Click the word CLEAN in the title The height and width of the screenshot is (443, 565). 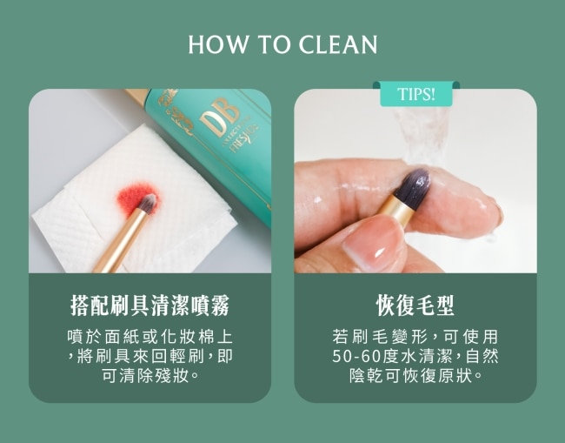click(338, 44)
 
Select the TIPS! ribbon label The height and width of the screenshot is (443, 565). click(416, 94)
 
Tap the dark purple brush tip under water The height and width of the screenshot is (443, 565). click(415, 185)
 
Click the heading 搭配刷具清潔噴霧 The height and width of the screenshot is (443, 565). click(150, 305)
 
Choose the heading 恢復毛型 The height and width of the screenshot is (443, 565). click(415, 305)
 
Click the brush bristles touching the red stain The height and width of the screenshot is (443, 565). click(148, 203)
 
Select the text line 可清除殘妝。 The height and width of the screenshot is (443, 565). click(150, 376)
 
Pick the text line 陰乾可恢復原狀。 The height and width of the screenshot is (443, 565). click(415, 376)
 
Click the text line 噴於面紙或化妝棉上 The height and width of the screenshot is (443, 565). click(150, 337)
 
